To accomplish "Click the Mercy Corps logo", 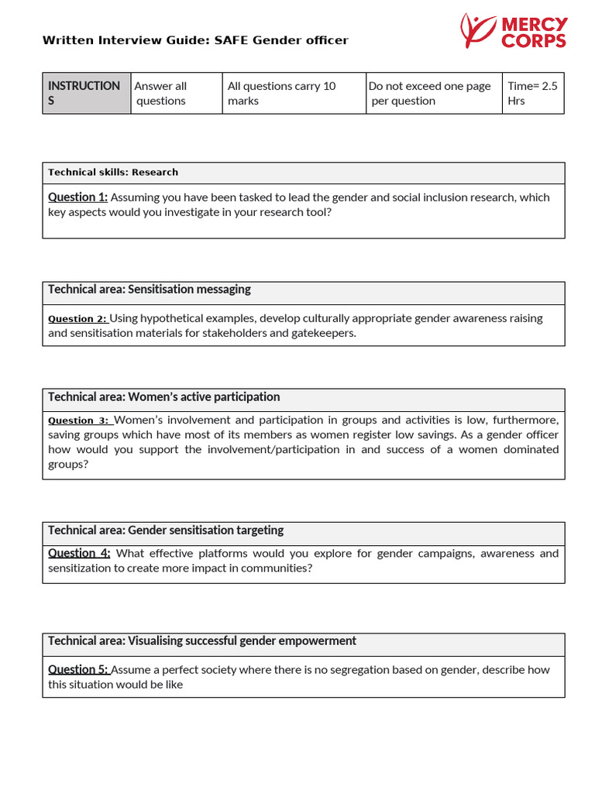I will pos(513,32).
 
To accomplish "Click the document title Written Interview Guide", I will pos(195,40).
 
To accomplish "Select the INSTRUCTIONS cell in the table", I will pos(86,93).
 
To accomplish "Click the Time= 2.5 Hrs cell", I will pos(532,93).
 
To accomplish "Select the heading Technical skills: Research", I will pos(113,173).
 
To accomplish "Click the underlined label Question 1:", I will pos(77,197).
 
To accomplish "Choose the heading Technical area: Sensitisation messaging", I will pos(150,290).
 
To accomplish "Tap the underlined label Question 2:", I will pos(77,319).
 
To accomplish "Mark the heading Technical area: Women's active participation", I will pos(164,397).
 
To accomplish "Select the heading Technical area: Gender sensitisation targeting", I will pos(166,530).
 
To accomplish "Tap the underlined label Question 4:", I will pos(79,553).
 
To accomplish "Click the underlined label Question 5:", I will pos(78,670).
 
